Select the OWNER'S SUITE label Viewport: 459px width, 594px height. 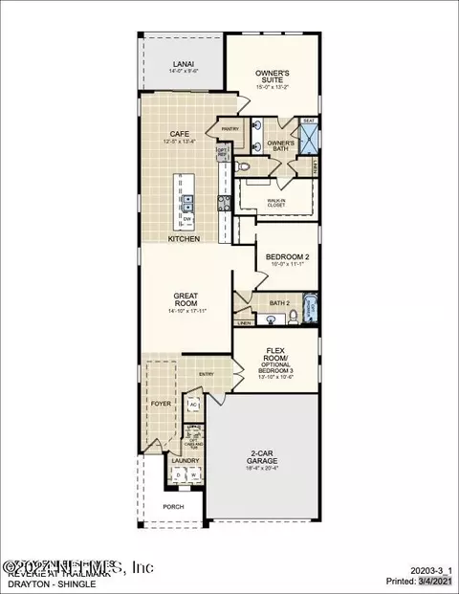click(x=272, y=74)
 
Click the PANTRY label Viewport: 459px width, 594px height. click(x=229, y=128)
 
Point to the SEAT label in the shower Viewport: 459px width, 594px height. click(x=309, y=121)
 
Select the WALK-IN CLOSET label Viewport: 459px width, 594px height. click(x=278, y=202)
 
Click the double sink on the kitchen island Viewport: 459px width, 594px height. click(x=187, y=201)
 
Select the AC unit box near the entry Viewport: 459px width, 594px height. click(x=192, y=405)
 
